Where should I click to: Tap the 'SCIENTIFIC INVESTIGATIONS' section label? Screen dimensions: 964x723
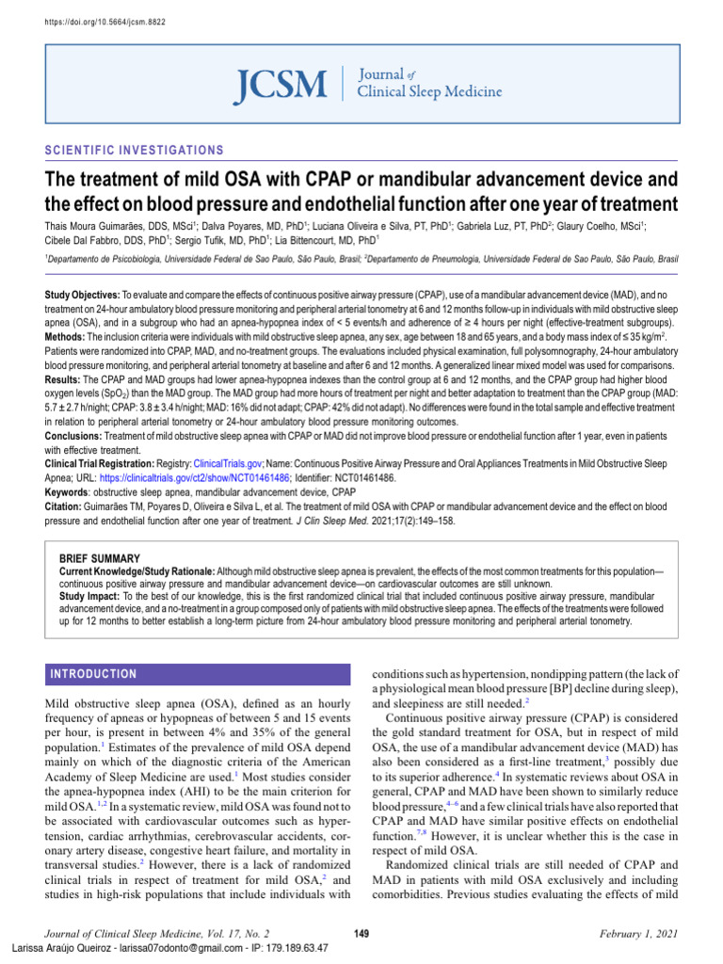[x=135, y=151]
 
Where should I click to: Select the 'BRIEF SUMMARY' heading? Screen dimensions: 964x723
[x=100, y=558]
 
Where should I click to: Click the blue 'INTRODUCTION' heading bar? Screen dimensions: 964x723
[x=93, y=674]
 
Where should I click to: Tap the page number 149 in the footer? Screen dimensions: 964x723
[x=361, y=932]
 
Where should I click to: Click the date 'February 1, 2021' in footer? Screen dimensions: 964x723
[x=638, y=932]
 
